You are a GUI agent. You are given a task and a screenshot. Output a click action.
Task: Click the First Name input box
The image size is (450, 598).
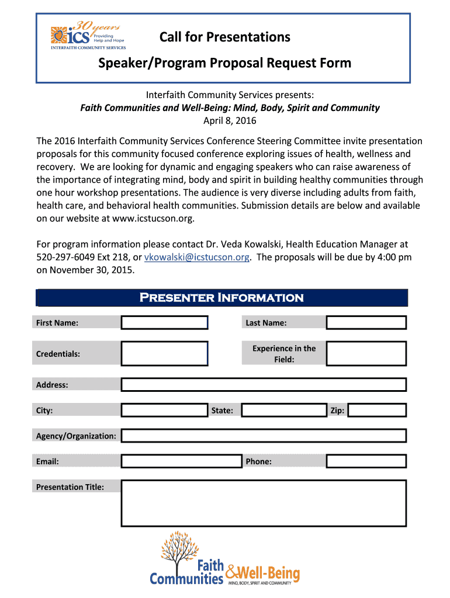point(164,322)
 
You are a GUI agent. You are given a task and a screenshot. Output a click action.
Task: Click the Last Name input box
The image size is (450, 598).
point(366,322)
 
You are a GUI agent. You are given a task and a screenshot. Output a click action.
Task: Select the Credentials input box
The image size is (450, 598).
point(164,353)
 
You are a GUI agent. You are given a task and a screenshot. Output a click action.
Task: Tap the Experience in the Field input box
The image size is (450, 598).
point(366,353)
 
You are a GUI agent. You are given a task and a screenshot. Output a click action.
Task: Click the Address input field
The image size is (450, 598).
point(263,384)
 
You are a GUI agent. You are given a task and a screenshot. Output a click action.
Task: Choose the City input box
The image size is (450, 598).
point(164,410)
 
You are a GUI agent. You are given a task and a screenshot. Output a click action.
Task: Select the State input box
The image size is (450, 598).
point(284,410)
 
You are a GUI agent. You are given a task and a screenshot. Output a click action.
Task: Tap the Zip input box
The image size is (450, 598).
point(377,410)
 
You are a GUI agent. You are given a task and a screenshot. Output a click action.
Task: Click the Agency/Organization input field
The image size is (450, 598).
point(263,436)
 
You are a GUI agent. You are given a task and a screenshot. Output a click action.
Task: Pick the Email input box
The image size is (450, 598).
point(181,461)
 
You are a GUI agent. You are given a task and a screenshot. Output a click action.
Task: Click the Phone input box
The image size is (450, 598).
point(366,461)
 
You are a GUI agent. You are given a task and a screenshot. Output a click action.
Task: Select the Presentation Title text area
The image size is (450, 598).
point(263,503)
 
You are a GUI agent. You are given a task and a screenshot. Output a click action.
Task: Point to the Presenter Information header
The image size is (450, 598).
point(221,298)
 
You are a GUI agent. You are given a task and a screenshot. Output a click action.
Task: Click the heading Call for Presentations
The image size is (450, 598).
point(225,37)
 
